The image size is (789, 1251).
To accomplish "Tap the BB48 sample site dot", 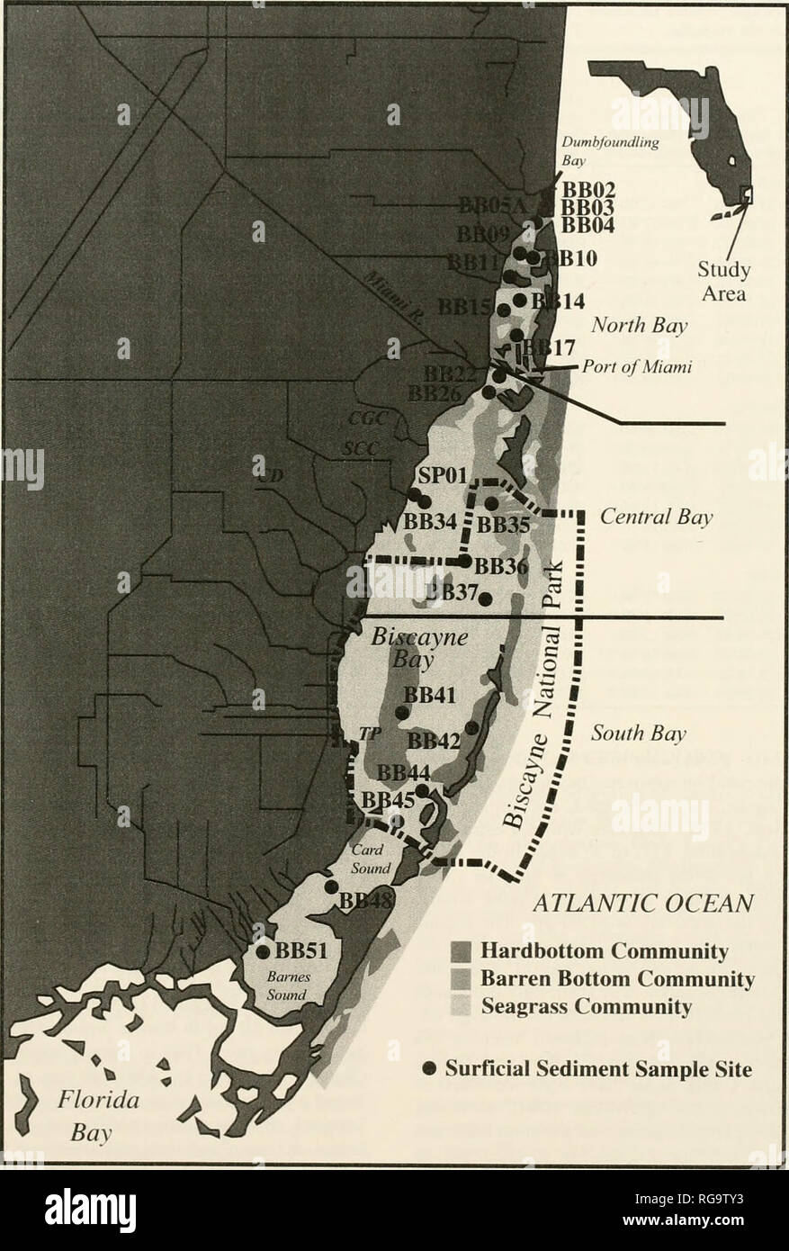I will pyautogui.click(x=331, y=886).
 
